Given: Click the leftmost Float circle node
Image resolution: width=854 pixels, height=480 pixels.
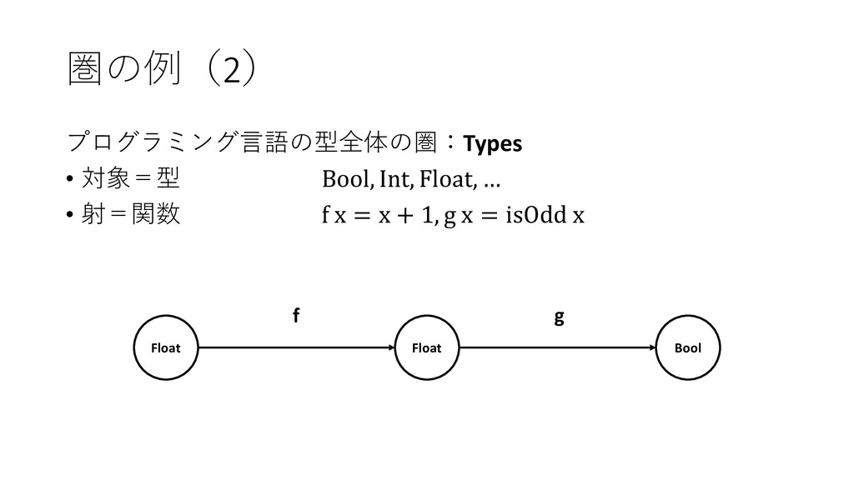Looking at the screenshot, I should [164, 347].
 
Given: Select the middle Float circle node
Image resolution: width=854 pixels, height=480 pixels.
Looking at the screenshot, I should [426, 347].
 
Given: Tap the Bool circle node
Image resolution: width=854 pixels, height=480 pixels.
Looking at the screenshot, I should [688, 347].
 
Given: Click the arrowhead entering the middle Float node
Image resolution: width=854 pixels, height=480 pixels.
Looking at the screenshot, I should [389, 347].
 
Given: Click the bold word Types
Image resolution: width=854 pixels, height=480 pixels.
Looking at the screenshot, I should [493, 144].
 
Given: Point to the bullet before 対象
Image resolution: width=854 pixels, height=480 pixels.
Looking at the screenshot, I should [68, 179].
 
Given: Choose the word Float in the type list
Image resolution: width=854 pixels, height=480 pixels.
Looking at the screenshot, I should [446, 179].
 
